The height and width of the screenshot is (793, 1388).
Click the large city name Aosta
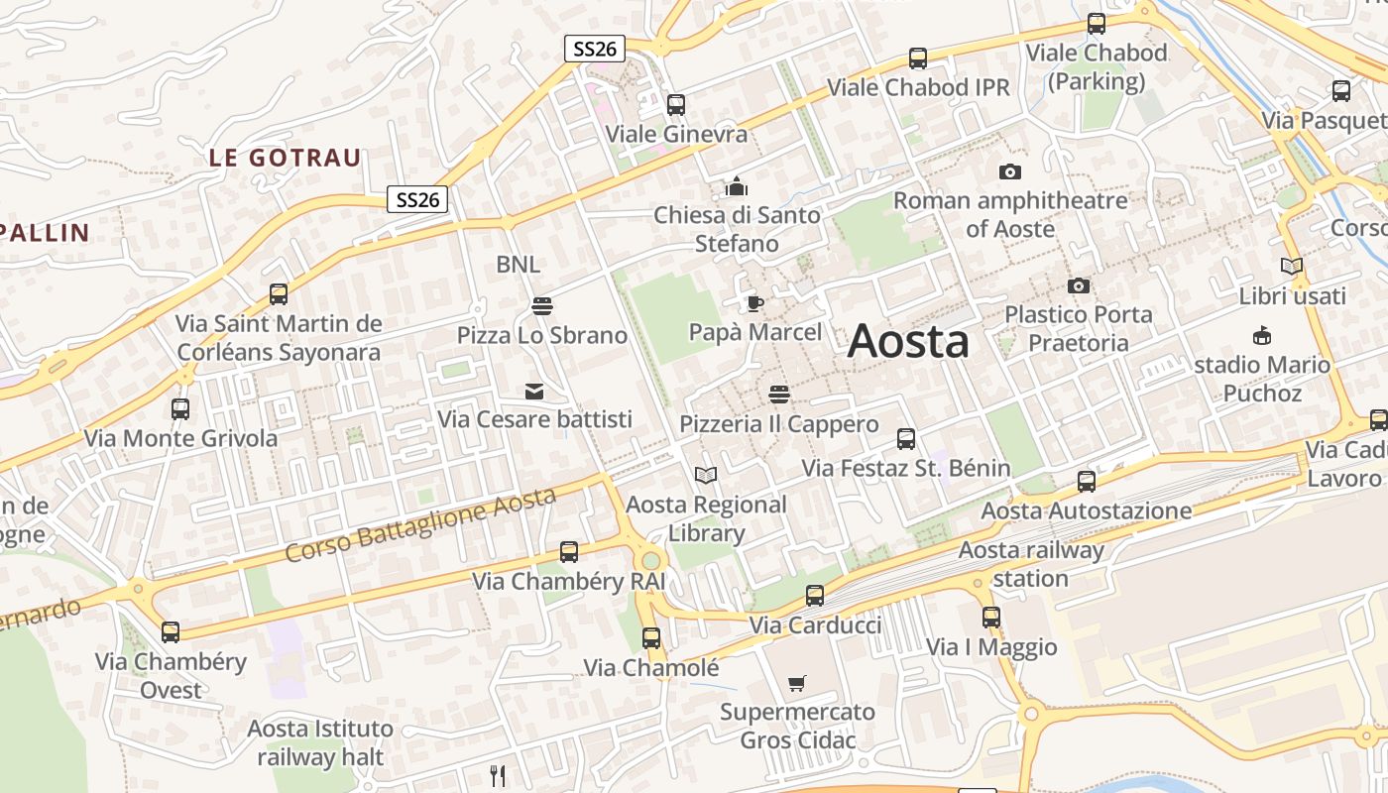coord(908,341)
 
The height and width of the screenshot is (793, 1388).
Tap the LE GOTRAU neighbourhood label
coord(285,158)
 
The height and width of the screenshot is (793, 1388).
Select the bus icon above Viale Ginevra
coord(676,104)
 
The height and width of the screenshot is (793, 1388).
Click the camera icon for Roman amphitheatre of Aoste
coord(1010,171)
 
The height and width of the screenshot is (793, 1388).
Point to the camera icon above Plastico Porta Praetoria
coord(1079,285)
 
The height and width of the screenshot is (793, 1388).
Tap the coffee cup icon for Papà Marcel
coord(755,303)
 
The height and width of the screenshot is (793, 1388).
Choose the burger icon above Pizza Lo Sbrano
coord(541,306)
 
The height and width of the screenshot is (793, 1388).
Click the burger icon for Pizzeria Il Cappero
coord(778,395)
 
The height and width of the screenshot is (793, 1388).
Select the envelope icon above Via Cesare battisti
coord(534,391)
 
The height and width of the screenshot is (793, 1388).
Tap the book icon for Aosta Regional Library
coord(705,476)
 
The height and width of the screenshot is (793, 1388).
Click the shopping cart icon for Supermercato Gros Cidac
coord(797,683)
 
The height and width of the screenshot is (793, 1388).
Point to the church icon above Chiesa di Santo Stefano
coord(736,185)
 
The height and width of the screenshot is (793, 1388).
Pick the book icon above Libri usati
coord(1292,266)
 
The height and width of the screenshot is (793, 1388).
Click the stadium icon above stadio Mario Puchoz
coord(1262,335)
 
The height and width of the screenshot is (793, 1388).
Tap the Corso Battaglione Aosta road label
coord(420,525)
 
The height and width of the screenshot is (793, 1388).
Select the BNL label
coord(519,264)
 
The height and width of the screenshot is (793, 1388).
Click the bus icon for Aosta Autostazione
coord(1087,482)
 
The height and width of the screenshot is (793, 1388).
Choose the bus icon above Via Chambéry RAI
coord(569,552)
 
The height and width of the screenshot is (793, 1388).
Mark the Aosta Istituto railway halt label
coord(320,742)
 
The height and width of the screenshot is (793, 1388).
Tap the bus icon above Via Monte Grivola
coord(180,408)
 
